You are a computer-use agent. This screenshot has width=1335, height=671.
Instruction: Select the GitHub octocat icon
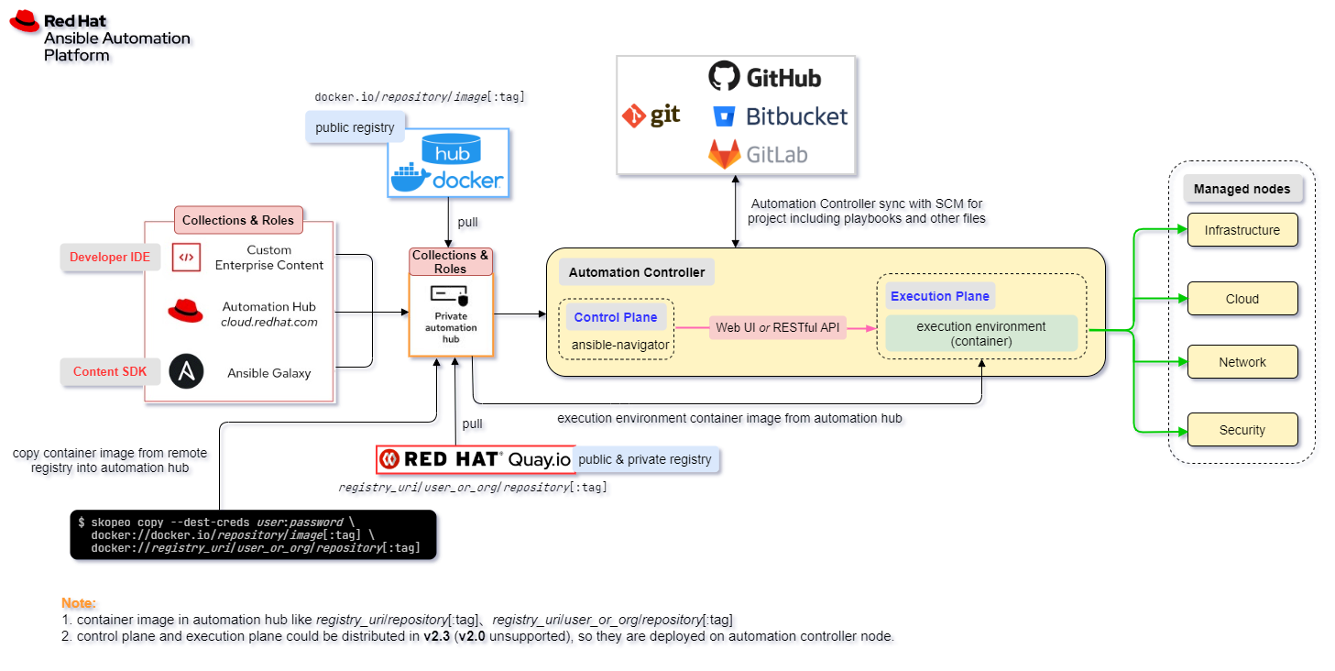click(x=724, y=76)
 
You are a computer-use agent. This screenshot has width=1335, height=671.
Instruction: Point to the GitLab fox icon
click(x=724, y=154)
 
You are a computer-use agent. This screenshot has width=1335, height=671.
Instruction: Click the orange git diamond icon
click(x=634, y=115)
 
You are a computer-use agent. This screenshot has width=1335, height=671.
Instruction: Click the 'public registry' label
click(x=355, y=127)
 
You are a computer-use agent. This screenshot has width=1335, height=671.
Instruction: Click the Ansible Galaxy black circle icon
click(x=186, y=372)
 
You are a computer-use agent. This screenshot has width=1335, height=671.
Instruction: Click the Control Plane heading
click(x=616, y=317)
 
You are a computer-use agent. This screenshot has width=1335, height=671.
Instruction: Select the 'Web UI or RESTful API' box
click(x=778, y=327)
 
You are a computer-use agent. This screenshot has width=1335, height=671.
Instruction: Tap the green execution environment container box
click(x=980, y=334)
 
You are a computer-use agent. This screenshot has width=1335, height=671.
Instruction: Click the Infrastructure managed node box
click(x=1242, y=230)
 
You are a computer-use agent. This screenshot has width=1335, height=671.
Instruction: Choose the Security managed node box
click(x=1242, y=430)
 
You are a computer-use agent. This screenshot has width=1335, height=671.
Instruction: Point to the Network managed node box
click(x=1242, y=362)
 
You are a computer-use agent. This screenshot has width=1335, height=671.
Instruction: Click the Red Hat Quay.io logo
click(x=475, y=459)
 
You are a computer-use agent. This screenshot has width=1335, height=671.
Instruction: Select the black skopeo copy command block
click(x=253, y=534)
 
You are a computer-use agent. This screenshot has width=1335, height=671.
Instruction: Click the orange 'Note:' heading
click(x=78, y=603)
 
